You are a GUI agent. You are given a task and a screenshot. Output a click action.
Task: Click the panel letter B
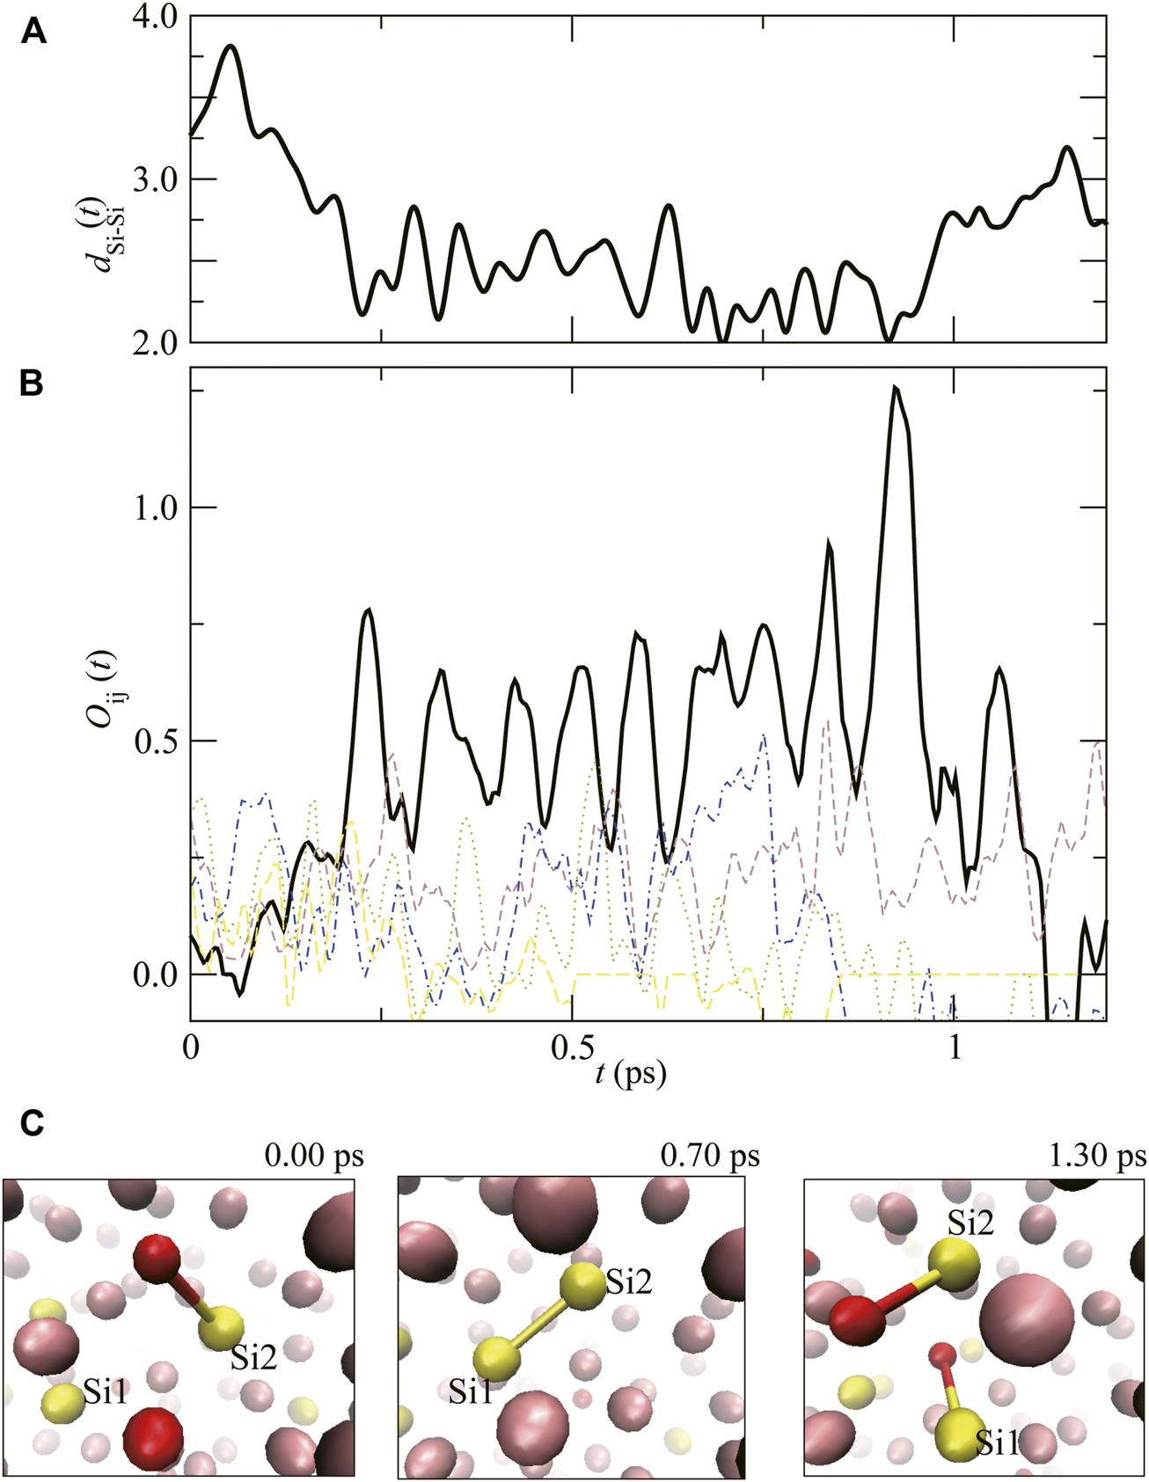point(32,384)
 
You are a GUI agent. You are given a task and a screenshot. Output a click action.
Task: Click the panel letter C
point(32,1123)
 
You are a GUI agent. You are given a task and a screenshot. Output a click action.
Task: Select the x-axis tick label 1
point(955,1050)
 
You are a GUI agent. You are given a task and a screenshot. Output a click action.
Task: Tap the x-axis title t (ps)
point(631,1072)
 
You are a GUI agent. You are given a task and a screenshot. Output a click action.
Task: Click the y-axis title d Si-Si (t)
point(109,223)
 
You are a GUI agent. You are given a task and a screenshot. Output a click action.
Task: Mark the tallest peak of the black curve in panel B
point(895,388)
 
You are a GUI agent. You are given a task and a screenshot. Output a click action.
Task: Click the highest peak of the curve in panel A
point(231,46)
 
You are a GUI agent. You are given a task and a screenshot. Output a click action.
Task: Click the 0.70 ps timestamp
point(709,1155)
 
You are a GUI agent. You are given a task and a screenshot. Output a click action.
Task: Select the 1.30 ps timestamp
point(1097,1155)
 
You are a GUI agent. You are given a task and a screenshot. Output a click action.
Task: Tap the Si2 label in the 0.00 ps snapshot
point(253,1357)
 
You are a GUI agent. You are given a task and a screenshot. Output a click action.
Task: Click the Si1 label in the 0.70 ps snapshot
point(471,1391)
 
